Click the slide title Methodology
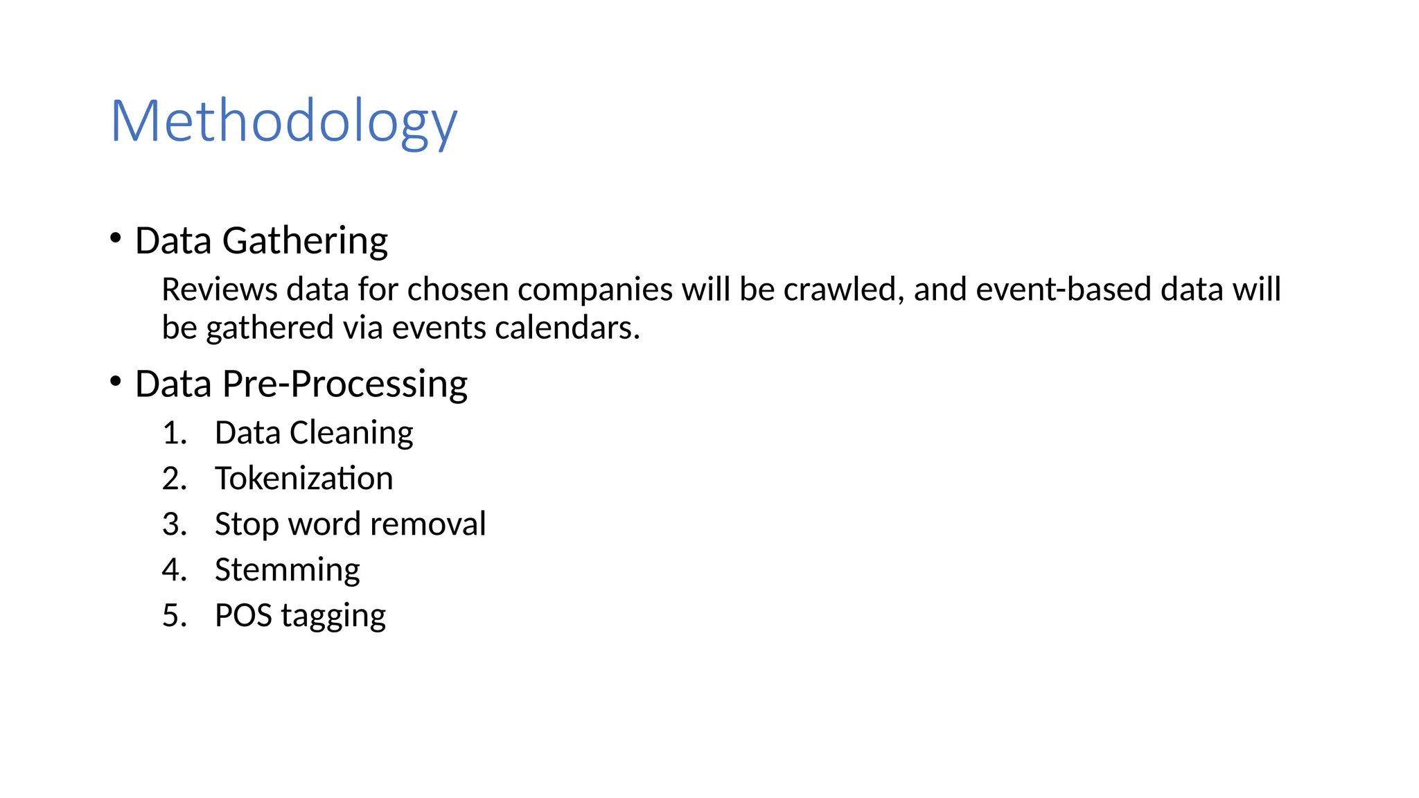[x=283, y=122]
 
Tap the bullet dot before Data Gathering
[x=116, y=238]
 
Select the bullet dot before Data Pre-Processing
[x=116, y=381]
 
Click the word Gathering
[x=305, y=242]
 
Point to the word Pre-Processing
[x=344, y=384]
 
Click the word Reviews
[x=220, y=290]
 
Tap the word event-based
[x=1064, y=290]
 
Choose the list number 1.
[x=174, y=433]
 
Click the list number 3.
[x=174, y=524]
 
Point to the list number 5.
[x=174, y=616]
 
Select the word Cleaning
[x=351, y=434]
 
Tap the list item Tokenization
[x=303, y=479]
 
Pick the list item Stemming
[x=287, y=571]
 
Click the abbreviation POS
[x=243, y=616]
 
